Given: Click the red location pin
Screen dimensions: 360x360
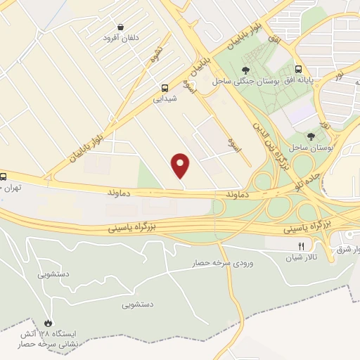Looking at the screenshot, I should [181, 165].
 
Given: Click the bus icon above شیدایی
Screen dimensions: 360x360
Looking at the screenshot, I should [165, 88].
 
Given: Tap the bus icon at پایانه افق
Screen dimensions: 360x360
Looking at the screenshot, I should [299, 70].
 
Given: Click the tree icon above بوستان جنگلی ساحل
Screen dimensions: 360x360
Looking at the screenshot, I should [245, 70].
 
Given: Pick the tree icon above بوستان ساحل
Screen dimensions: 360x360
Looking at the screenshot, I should [311, 136].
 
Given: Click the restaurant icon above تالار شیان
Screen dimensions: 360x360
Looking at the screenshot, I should [301, 246].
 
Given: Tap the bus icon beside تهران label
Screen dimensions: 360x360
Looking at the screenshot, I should [4, 176].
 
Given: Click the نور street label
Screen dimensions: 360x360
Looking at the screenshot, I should [340, 73].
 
